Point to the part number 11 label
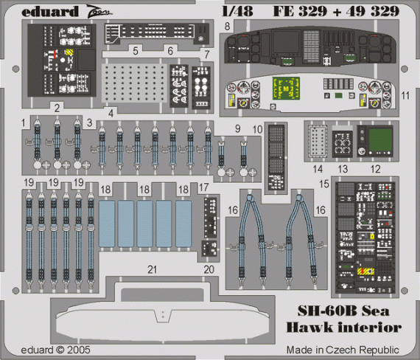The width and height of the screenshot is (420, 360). pyautogui.click(x=405, y=97)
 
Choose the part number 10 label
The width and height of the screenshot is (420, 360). pyautogui.click(x=257, y=129)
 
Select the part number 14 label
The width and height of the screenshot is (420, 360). pyautogui.click(x=320, y=168)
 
